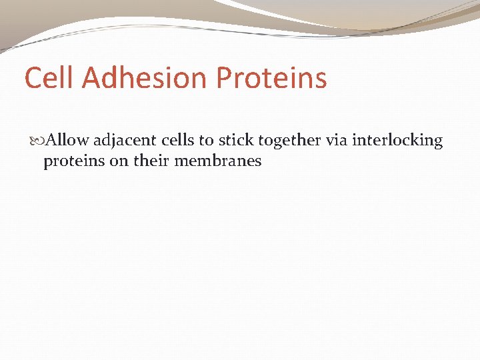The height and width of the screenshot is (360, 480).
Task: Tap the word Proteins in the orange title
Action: coord(271,77)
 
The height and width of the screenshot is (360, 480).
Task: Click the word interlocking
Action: coord(398,141)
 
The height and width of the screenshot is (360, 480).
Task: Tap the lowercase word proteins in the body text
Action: coord(73,161)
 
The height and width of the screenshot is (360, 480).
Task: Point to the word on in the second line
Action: coord(117,161)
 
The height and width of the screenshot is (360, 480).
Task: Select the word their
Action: coord(150,161)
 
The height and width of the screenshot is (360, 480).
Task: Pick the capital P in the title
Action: coord(225,77)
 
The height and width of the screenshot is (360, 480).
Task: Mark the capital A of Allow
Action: coord(53,141)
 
